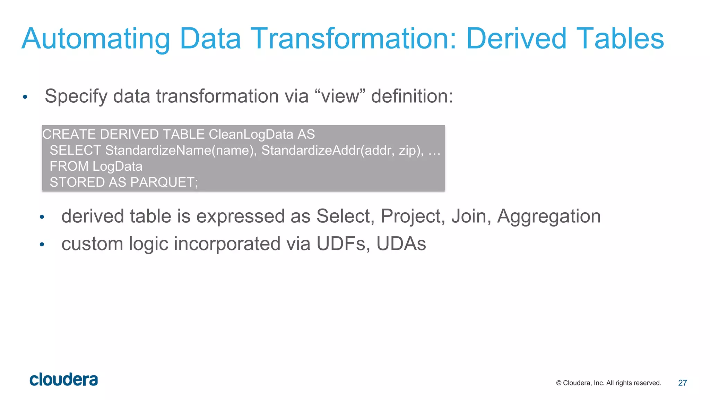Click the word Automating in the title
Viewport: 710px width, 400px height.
[96, 39]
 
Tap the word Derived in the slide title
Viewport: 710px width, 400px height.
[516, 39]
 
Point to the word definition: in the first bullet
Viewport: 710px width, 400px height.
[412, 96]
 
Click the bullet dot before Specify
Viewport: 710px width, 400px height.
[25, 97]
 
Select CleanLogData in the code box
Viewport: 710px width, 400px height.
[251, 134]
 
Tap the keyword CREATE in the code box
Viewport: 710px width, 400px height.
[69, 134]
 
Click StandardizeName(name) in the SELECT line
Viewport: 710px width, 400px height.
[181, 151]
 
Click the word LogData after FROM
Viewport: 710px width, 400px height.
[118, 167]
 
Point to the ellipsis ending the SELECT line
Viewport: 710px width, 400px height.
[434, 151]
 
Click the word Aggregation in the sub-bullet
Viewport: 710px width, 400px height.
[549, 216]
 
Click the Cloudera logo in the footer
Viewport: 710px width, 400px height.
[64, 380]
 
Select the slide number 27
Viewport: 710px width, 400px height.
[682, 383]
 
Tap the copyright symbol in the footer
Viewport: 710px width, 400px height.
[559, 383]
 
